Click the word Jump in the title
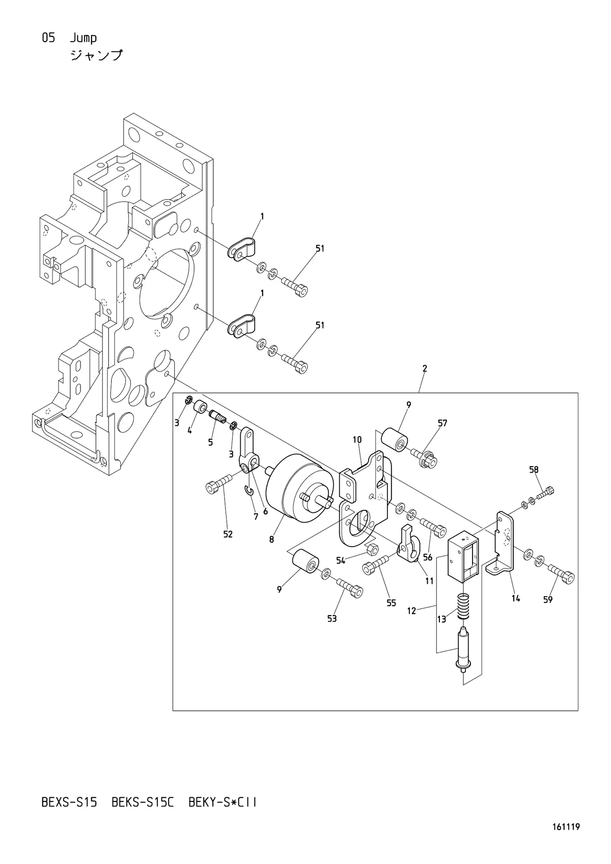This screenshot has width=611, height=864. [84, 38]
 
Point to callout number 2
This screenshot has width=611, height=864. [425, 368]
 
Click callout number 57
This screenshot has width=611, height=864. [442, 423]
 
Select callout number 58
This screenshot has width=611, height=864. [534, 470]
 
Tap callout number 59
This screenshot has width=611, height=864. [548, 600]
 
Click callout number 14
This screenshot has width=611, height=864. [516, 598]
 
